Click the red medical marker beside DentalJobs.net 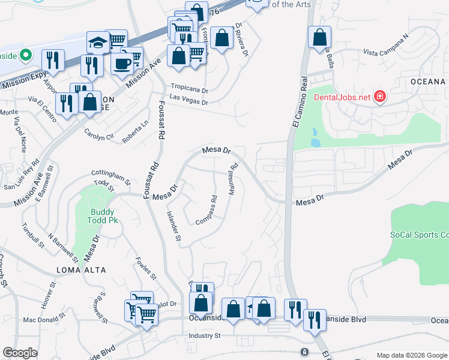[379, 97]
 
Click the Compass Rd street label [206, 211]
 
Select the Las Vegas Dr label [188, 103]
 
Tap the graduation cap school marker [97, 42]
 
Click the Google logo [20, 353]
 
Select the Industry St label [205, 335]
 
